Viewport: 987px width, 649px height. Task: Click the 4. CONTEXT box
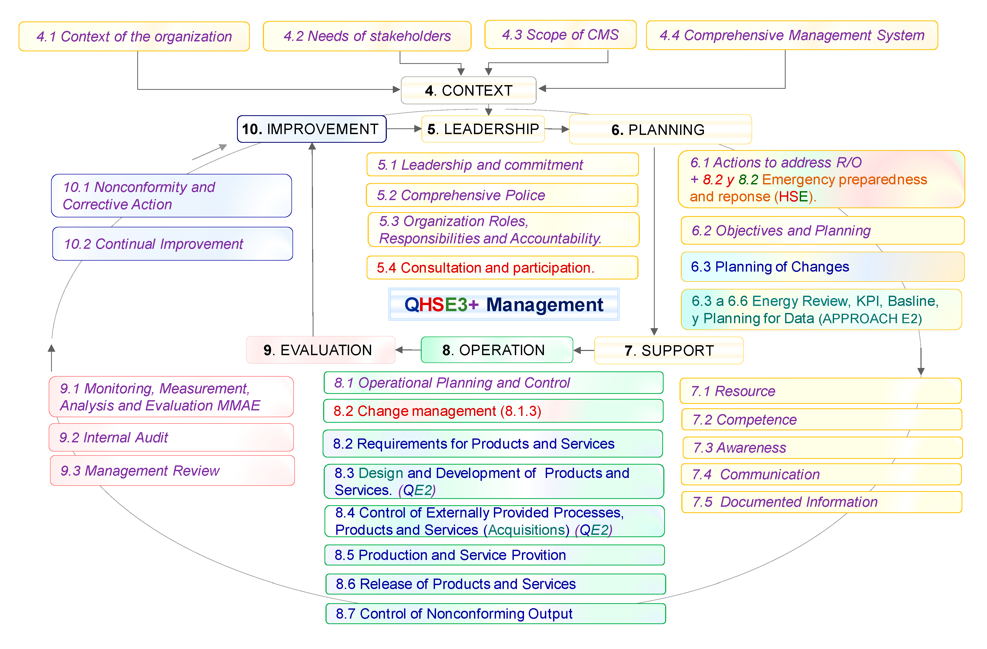(x=468, y=90)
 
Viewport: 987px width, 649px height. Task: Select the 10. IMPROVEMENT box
(x=311, y=129)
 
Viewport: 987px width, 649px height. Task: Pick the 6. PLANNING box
(x=660, y=129)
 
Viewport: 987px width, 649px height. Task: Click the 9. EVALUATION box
(x=321, y=350)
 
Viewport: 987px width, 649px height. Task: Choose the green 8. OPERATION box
(x=497, y=350)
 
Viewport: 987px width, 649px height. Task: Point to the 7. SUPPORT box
(x=669, y=350)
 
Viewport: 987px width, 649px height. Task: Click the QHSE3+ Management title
(x=504, y=304)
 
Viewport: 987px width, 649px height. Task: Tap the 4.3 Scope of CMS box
(x=560, y=35)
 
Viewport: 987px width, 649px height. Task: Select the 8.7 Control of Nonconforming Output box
(x=495, y=613)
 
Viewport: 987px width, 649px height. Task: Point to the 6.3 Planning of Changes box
(x=822, y=267)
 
